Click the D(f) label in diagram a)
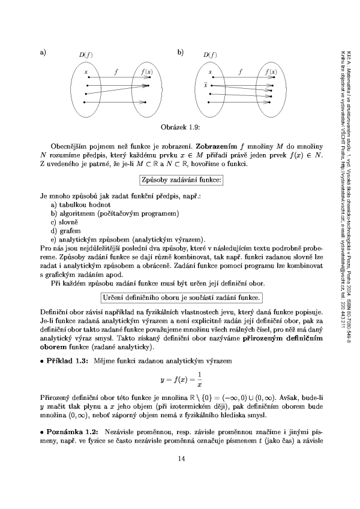(x=85, y=56)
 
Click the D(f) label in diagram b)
(x=209, y=56)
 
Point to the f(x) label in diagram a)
(x=146, y=72)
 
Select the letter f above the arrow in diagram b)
(x=239, y=72)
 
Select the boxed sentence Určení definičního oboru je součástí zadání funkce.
(x=180, y=297)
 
